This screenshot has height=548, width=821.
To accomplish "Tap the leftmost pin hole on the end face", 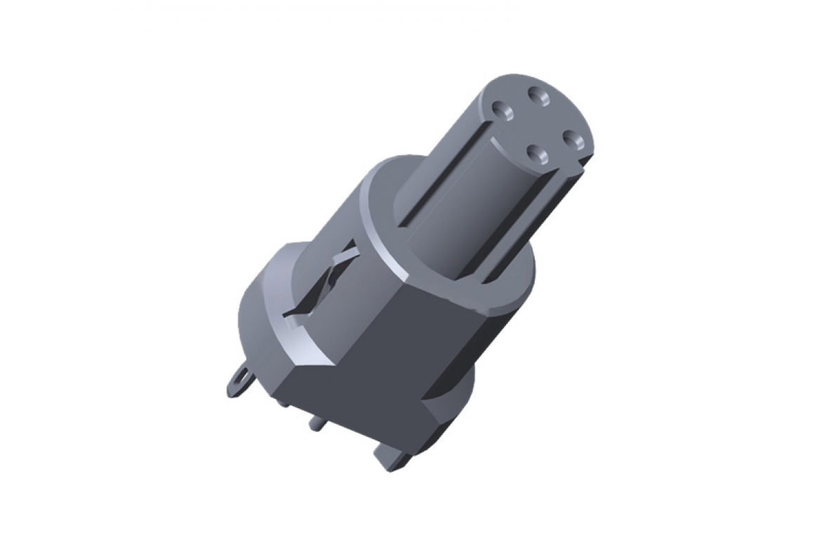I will click(x=502, y=110).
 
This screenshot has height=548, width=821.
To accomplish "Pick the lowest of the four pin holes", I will click(x=538, y=152).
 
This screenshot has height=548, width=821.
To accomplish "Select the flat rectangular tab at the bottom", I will click(x=390, y=459).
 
